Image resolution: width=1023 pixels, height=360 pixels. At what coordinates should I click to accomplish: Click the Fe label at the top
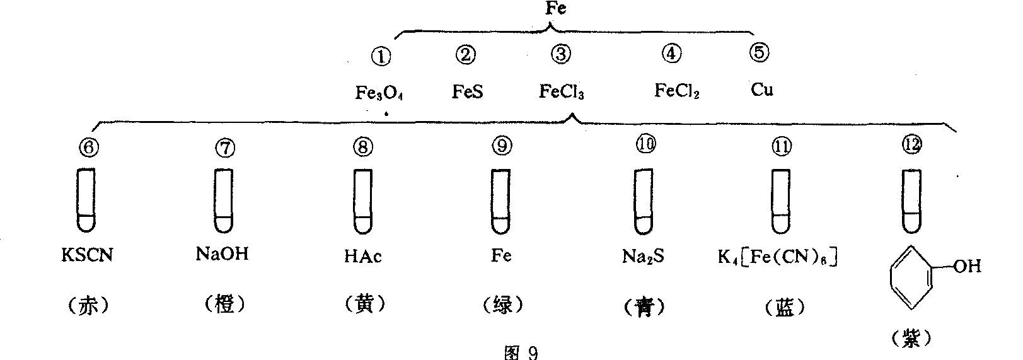tap(555, 9)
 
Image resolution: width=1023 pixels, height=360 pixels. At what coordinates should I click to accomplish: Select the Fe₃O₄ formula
tap(379, 93)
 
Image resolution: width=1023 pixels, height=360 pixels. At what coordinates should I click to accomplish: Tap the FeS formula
tap(467, 92)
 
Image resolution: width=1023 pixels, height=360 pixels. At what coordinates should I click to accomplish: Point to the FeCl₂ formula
tap(677, 91)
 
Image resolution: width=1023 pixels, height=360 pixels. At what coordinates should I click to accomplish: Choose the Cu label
tap(762, 90)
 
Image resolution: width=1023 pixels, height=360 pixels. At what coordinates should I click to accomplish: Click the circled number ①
tap(381, 56)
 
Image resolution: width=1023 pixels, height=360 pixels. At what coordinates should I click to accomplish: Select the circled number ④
tap(672, 54)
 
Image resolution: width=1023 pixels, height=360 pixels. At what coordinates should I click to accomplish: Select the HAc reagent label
tap(362, 257)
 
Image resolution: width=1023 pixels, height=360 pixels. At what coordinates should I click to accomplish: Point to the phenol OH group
tap(966, 266)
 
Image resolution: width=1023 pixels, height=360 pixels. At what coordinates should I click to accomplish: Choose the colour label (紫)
tap(912, 339)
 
